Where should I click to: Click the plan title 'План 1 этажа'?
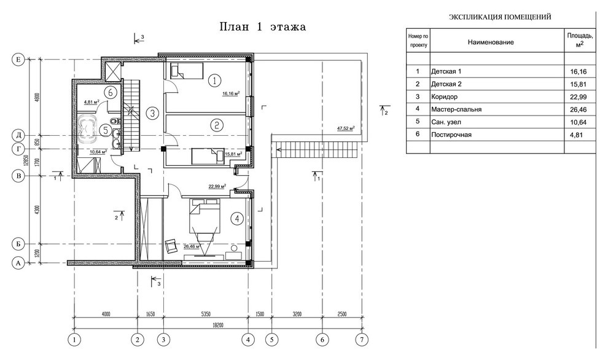pos(263,27)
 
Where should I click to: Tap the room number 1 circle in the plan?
pos(214,80)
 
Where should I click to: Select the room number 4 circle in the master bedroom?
pos(236,219)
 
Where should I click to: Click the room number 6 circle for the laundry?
pos(111,92)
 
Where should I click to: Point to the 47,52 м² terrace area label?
pos(346,128)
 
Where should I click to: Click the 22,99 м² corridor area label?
pos(217,186)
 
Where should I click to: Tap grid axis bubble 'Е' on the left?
pos(17,60)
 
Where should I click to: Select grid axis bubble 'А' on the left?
pos(17,263)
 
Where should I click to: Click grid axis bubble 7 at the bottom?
pos(362,340)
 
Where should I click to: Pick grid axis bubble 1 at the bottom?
pos(74,340)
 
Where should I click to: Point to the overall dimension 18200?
pos(217,325)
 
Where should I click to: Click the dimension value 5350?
pos(206,314)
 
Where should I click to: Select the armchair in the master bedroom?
pos(171,246)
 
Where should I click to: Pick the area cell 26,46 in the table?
pos(578,109)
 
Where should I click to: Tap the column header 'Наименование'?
pos(491,42)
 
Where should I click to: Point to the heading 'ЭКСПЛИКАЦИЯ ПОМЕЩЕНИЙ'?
pos(500,17)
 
